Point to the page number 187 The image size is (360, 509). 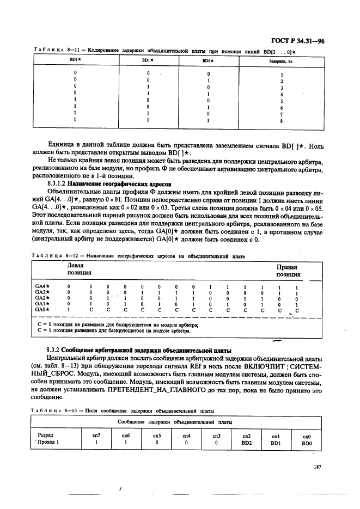319,466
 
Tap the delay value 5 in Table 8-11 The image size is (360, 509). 282,101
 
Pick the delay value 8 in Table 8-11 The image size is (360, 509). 282,121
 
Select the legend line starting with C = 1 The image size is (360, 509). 114,330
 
